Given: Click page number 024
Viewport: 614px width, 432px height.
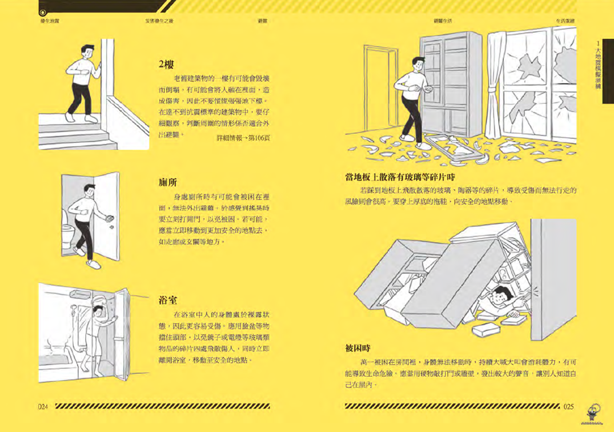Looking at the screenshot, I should click(x=46, y=406).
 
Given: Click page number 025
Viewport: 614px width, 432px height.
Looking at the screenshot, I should click(x=567, y=407).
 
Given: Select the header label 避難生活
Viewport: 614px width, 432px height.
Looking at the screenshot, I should click(x=443, y=21).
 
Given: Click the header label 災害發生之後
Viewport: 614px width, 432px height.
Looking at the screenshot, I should click(x=159, y=21).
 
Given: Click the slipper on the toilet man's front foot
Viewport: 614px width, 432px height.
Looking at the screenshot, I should click(x=93, y=265).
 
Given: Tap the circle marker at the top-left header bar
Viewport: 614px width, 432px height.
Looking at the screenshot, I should click(x=43, y=12).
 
